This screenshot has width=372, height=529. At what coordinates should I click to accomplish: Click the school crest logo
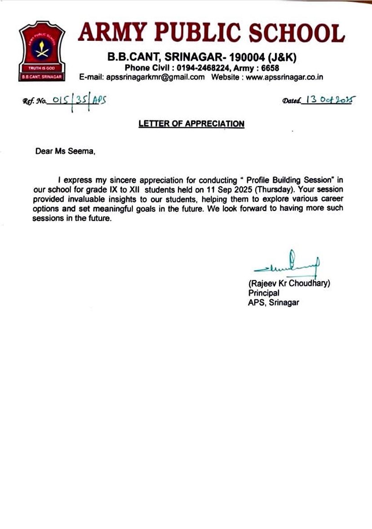click(42, 52)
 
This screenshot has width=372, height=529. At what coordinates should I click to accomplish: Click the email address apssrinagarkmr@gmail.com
click(155, 77)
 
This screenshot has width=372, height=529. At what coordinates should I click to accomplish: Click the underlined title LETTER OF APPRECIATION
click(191, 124)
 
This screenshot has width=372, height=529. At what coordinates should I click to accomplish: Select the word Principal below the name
click(264, 293)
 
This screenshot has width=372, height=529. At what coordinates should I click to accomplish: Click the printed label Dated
click(291, 101)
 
